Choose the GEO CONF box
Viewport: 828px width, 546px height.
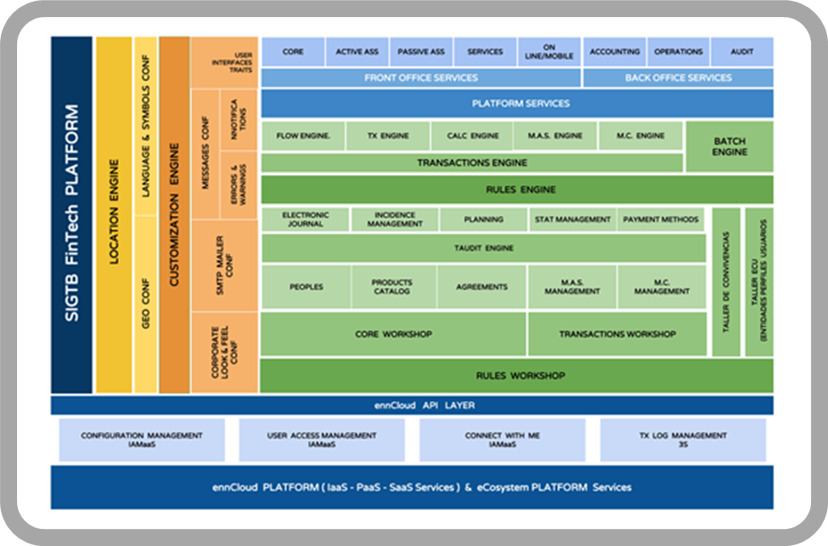pyautogui.click(x=146, y=304)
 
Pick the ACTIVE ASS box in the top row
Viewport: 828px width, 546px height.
pyautogui.click(x=357, y=51)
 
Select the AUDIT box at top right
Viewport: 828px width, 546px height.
pyautogui.click(x=742, y=51)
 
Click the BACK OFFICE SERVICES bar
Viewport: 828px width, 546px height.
pyautogui.click(x=678, y=78)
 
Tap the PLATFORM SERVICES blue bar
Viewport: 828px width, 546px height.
pyautogui.click(x=517, y=103)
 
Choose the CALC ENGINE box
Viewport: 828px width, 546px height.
pyautogui.click(x=472, y=136)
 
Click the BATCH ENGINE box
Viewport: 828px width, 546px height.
pyautogui.click(x=730, y=146)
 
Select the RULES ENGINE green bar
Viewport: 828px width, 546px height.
pyautogui.click(x=517, y=189)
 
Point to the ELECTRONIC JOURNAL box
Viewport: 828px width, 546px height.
pyautogui.click(x=304, y=219)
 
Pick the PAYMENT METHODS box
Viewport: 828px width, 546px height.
pyautogui.click(x=661, y=219)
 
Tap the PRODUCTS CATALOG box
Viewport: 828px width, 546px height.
pyautogui.click(x=392, y=287)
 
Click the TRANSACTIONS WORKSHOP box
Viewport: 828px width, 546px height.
pyautogui.click(x=617, y=334)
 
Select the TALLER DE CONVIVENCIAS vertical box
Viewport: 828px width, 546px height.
pyautogui.click(x=726, y=282)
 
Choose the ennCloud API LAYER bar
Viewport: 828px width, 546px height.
pyautogui.click(x=412, y=405)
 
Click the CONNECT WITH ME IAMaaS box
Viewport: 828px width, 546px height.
pyautogui.click(x=502, y=439)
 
